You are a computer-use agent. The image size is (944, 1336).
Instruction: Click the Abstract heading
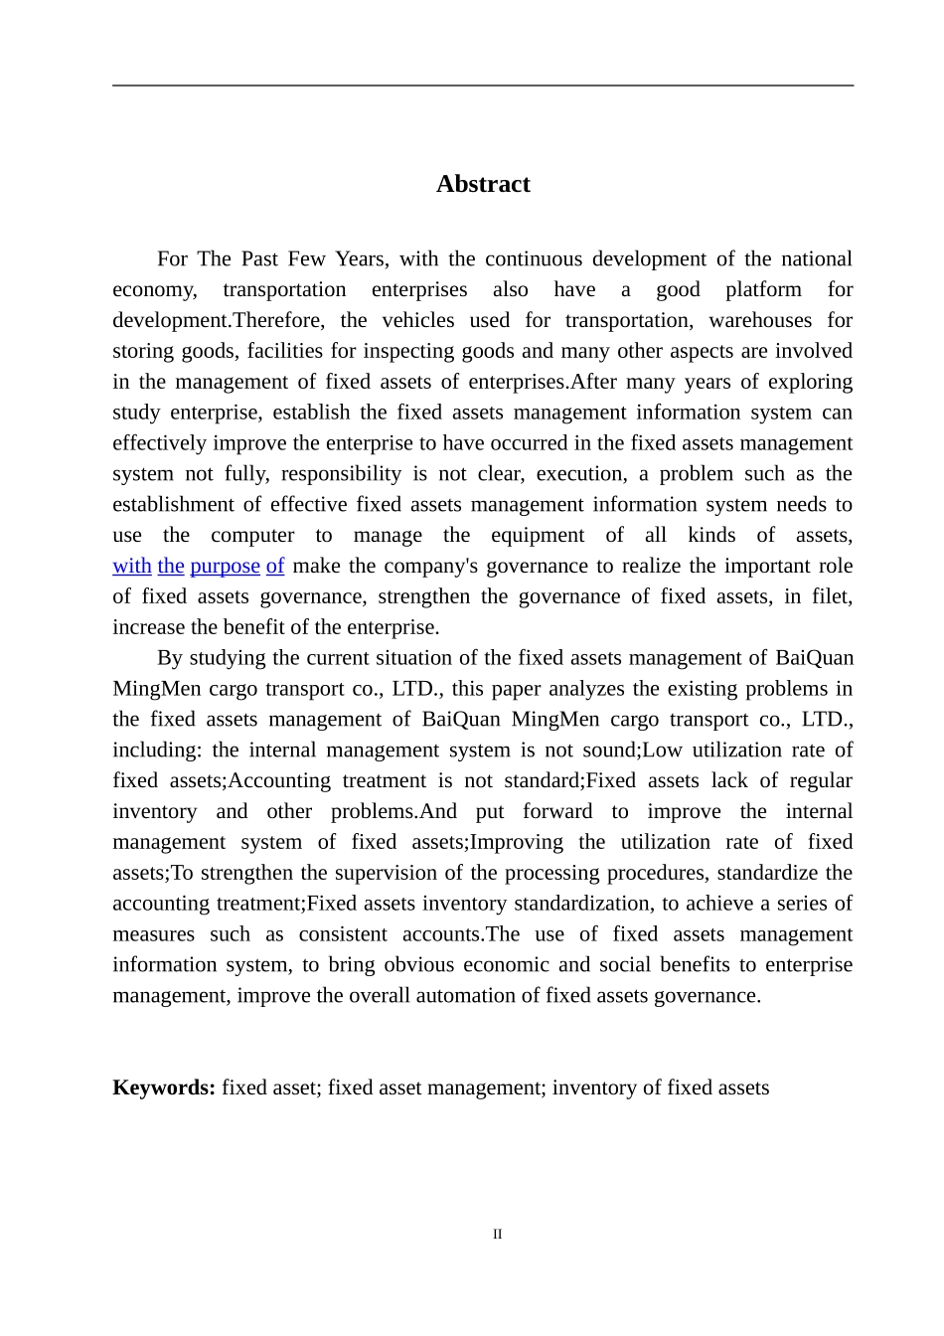pos(483,184)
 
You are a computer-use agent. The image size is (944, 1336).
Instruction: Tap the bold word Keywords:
pos(164,1087)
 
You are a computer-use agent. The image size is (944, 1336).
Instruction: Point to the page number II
pos(497,1235)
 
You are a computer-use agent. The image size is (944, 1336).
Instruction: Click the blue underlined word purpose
pos(225,567)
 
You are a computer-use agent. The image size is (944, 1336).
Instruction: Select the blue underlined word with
pos(132,567)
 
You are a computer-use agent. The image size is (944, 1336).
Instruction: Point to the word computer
pos(252,536)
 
